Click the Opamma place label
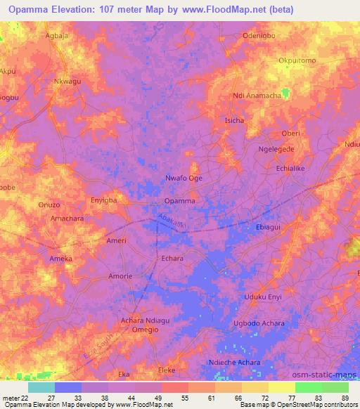coord(179,201)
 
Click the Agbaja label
coord(58,33)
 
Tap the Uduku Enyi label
coord(263,297)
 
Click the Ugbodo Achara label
coord(257,324)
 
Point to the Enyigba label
coord(104,201)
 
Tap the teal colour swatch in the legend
coord(41,387)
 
